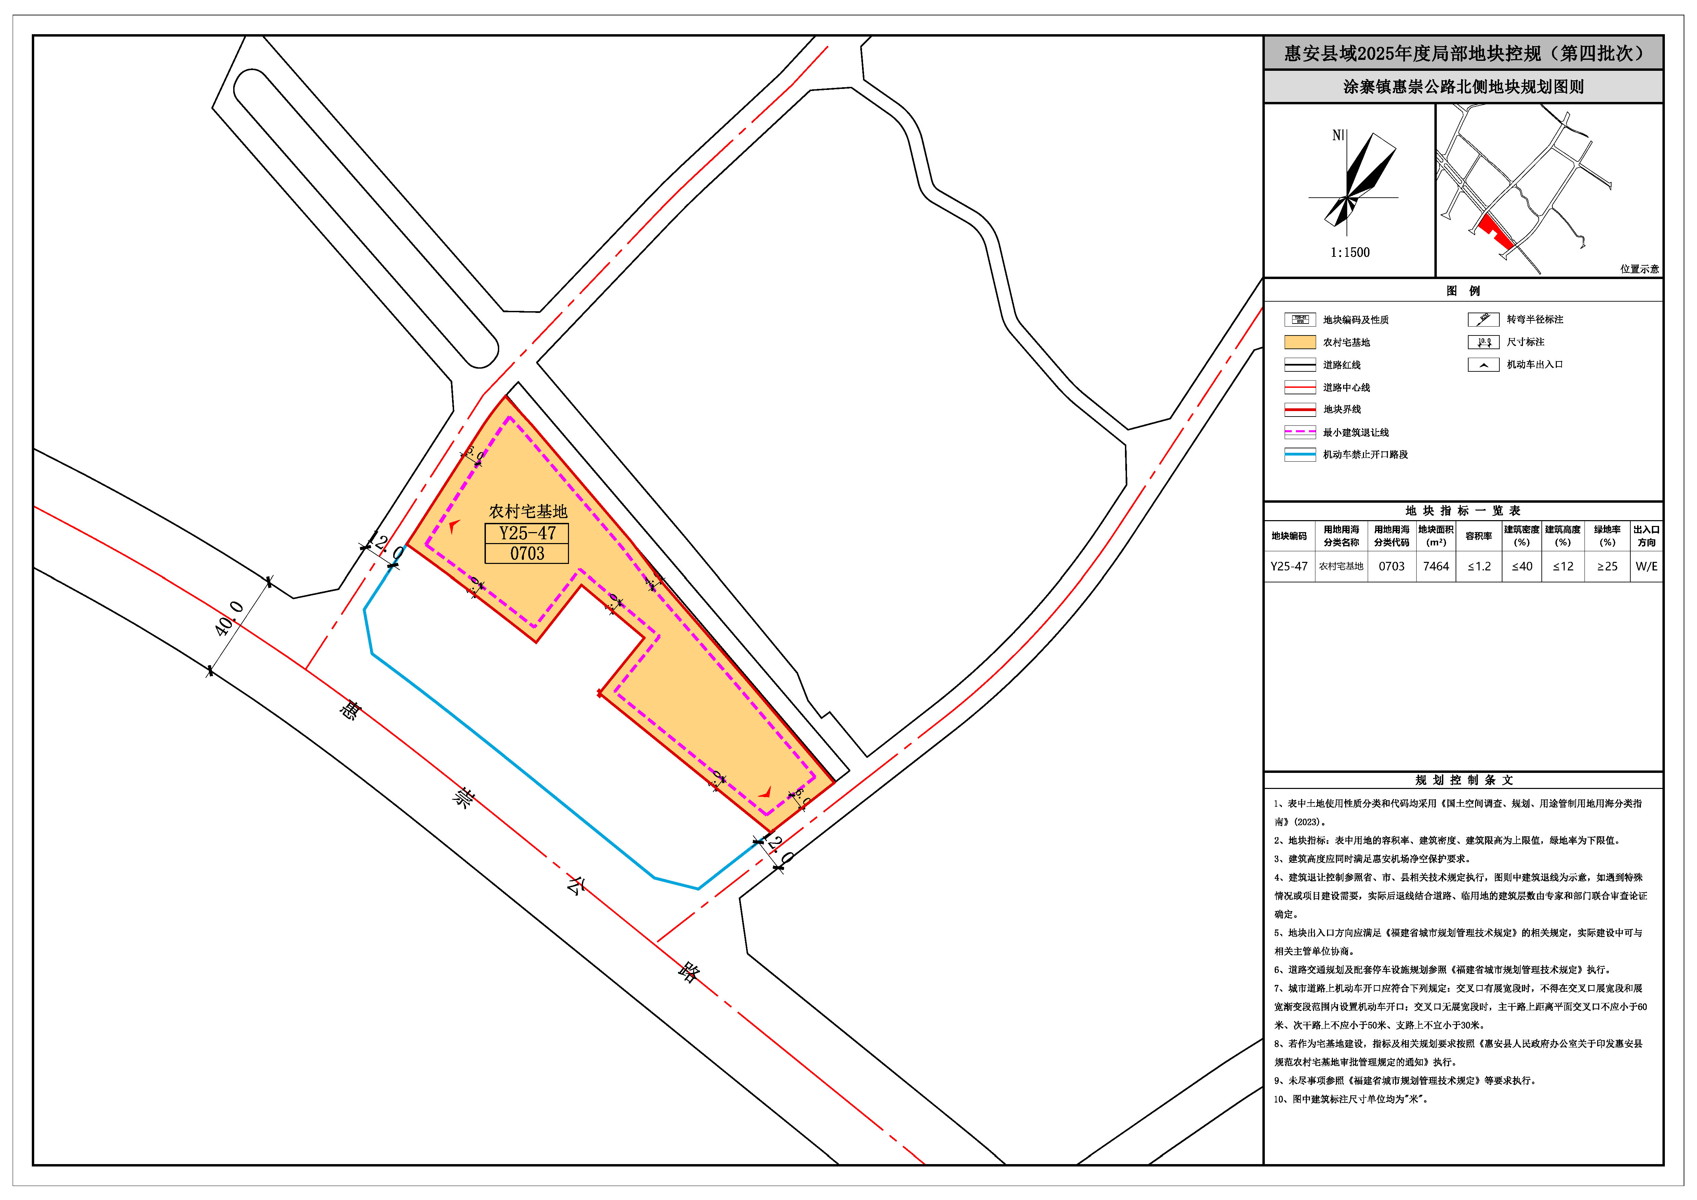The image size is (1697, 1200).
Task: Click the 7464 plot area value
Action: point(1435,566)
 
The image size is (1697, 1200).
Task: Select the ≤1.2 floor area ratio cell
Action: point(1479,566)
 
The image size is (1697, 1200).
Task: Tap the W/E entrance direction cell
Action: point(1646,566)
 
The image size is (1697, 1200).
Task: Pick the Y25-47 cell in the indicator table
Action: point(1289,566)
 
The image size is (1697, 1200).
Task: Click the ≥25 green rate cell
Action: point(1607,566)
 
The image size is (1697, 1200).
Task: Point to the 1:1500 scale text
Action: point(1350,252)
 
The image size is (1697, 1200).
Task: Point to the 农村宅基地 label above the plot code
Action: point(528,511)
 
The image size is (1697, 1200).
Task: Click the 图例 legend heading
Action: point(1463,291)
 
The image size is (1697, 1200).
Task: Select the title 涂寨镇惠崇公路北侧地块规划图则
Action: point(1463,87)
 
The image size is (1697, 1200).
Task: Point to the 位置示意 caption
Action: point(1639,269)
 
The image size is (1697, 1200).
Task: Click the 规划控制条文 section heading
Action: point(1463,780)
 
